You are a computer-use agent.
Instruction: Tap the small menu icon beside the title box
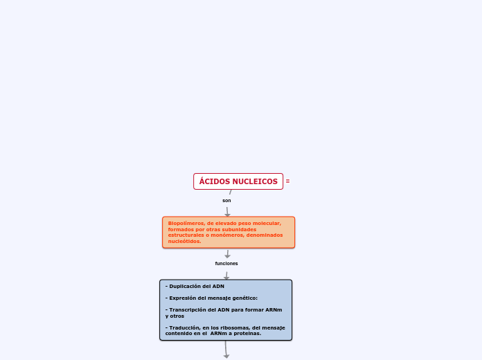click(287, 181)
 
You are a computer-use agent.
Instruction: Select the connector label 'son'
click(226, 201)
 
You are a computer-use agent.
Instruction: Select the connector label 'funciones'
click(226, 264)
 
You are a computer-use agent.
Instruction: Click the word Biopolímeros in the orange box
click(186, 224)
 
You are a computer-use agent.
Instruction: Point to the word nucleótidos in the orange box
click(184, 242)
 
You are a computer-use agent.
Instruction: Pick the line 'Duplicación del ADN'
click(195, 286)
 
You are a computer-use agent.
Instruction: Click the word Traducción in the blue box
click(185, 327)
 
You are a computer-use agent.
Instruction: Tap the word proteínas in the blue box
click(247, 334)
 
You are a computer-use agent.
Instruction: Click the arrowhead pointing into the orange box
click(227, 215)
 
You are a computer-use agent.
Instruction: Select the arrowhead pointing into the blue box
click(226, 278)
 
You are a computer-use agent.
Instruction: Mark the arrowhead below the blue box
click(226, 357)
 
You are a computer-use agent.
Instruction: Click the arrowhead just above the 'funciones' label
click(227, 256)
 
